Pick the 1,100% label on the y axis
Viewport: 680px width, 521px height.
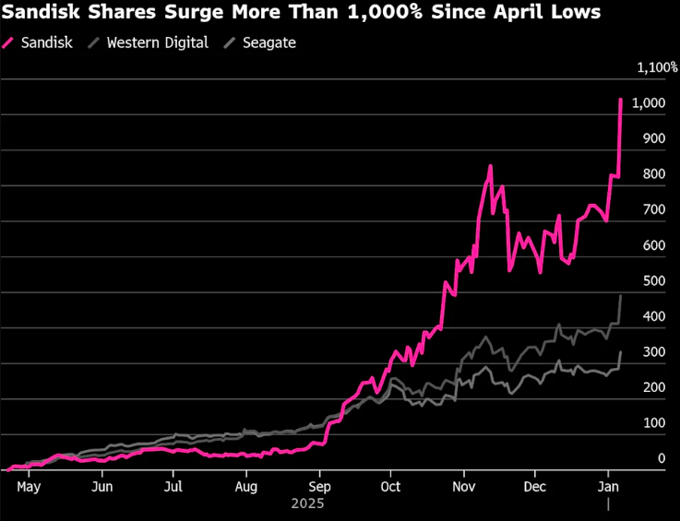(x=658, y=67)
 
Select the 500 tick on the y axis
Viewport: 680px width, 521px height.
(x=654, y=280)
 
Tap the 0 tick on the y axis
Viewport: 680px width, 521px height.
(x=661, y=458)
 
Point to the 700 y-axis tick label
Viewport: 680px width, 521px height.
(x=654, y=209)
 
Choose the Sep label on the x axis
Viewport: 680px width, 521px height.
(x=319, y=486)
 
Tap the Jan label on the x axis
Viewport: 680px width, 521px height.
(x=608, y=486)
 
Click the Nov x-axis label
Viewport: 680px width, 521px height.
(x=464, y=486)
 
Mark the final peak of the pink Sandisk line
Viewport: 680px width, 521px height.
(x=620, y=99)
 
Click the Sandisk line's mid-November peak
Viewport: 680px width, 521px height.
(x=490, y=166)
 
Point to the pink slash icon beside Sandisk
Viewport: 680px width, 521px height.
(x=10, y=42)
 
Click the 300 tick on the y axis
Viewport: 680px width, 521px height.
(x=654, y=351)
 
